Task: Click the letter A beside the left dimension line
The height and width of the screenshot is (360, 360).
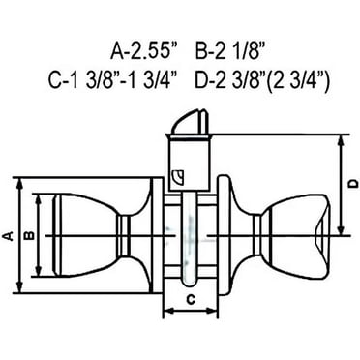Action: (9, 235)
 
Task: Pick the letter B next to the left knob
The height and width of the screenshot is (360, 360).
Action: (29, 235)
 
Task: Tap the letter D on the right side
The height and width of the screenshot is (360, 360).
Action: (351, 184)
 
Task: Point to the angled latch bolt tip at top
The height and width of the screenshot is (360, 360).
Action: (190, 122)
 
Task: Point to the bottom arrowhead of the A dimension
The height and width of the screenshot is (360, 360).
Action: (17, 286)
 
